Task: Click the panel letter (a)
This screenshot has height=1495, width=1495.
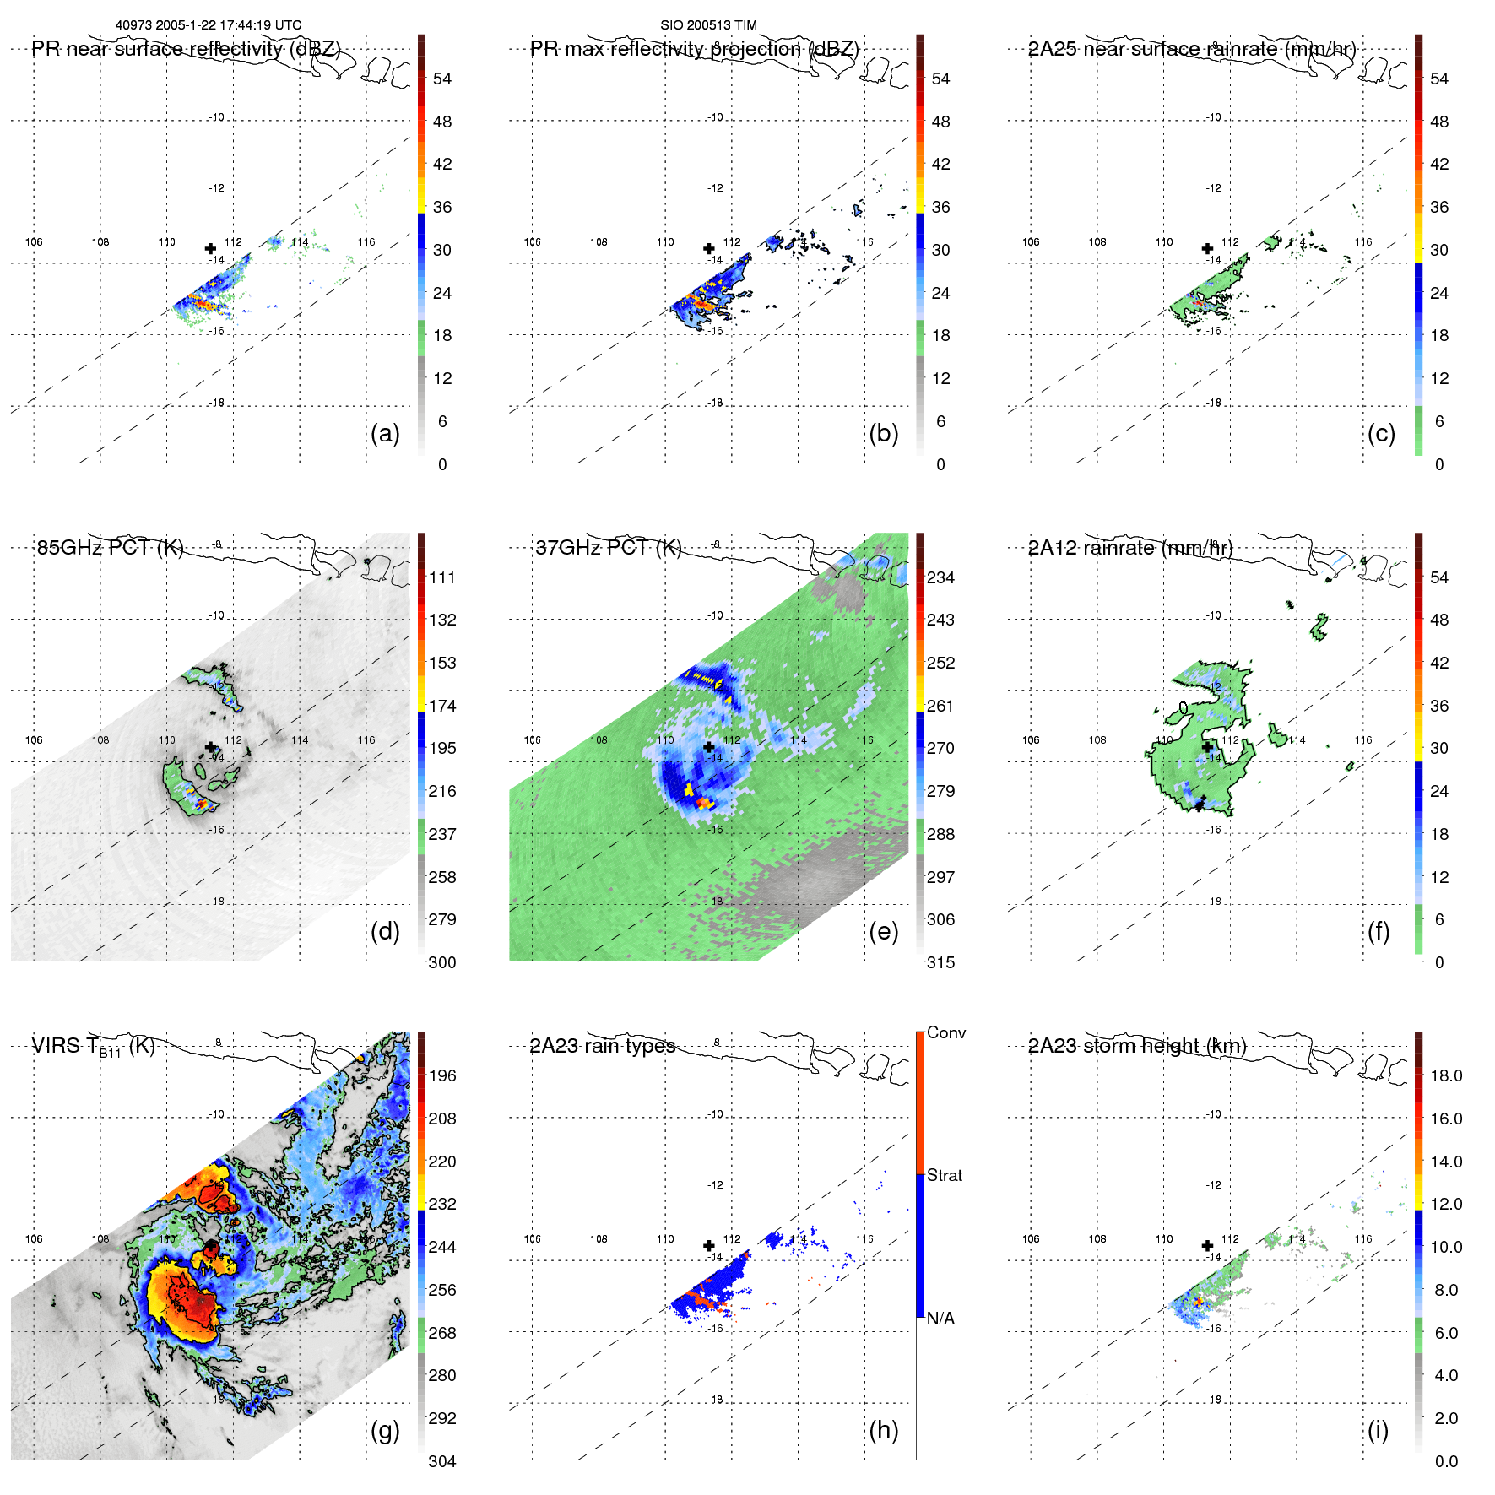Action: (x=385, y=434)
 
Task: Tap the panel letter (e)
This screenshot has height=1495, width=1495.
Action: (x=883, y=932)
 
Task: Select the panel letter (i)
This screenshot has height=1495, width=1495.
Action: (x=1378, y=1430)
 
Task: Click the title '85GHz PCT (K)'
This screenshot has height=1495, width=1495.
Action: (x=110, y=547)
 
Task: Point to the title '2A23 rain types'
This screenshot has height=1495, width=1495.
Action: (x=603, y=1046)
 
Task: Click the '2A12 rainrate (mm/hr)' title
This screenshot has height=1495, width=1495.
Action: (x=1130, y=547)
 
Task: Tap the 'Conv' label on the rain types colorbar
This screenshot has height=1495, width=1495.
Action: (x=946, y=1032)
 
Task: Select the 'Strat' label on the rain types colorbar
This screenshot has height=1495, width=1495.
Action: (x=945, y=1175)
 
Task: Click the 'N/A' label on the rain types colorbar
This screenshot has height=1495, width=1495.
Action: (x=940, y=1319)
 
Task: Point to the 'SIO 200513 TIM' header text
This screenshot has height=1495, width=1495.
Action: (x=708, y=25)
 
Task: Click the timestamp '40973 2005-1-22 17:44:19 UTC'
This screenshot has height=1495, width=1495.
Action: (x=209, y=25)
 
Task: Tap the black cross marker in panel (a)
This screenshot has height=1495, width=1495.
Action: (x=210, y=248)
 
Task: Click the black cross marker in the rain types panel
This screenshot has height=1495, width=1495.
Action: (x=709, y=1246)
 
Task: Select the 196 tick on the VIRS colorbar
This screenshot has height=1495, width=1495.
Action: (x=442, y=1075)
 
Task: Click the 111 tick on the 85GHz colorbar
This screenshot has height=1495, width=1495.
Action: (x=442, y=577)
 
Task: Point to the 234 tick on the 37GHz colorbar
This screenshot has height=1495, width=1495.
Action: (x=940, y=577)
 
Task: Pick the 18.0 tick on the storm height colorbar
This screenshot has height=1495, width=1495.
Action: (x=1446, y=1075)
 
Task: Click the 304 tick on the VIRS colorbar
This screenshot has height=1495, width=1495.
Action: (x=442, y=1461)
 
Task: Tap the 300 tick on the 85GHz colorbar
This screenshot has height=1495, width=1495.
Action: (x=442, y=962)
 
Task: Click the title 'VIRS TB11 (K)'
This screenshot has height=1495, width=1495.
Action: (x=93, y=1047)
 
